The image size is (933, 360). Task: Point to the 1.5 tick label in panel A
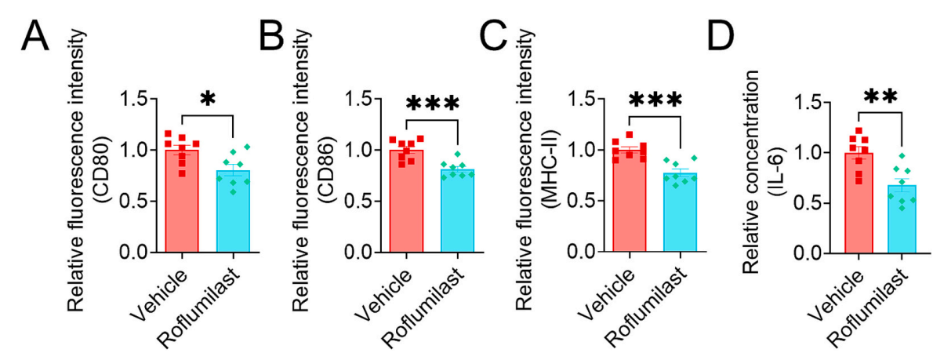coord(140,100)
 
